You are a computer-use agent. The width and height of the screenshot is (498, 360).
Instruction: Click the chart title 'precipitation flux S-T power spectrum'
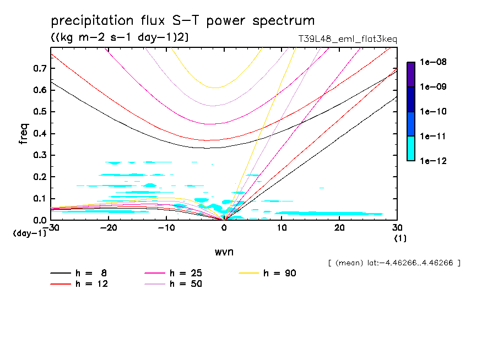182,21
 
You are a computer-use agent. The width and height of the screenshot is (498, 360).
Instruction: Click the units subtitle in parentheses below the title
120,37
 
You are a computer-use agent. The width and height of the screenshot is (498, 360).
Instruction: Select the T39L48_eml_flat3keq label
347,39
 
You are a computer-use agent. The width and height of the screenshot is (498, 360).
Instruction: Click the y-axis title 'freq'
23,134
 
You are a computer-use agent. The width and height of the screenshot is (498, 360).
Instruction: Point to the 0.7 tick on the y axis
39,68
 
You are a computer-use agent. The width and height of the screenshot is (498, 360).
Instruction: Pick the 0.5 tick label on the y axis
39,112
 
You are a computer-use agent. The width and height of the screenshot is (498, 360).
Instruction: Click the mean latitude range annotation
394,263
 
